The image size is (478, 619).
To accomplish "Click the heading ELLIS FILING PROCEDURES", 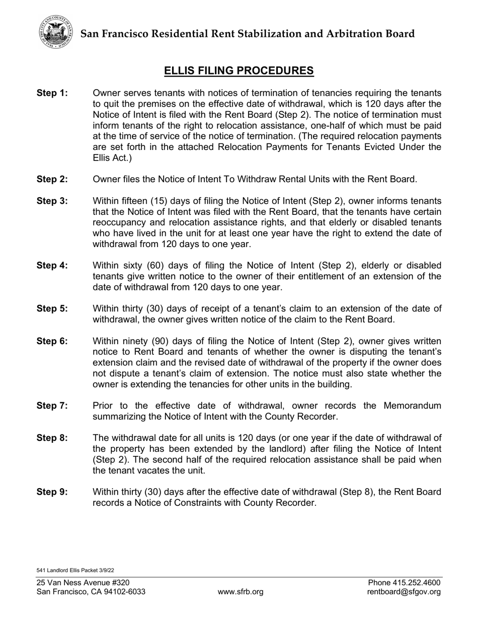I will (239, 71).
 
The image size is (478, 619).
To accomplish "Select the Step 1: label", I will (52, 93).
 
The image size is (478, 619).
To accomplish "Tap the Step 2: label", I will (52, 179).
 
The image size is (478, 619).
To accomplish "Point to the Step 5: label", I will (52, 308).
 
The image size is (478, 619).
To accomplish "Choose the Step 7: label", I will (52, 406).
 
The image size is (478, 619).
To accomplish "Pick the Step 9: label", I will (52, 492).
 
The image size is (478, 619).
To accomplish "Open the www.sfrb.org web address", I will (241, 592).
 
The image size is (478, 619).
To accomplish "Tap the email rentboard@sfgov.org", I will (404, 592).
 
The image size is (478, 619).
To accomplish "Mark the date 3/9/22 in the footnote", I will (107, 570).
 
